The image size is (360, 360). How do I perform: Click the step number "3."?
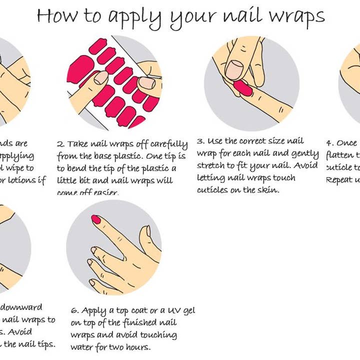tap(201, 141)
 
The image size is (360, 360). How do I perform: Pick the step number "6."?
tap(75, 310)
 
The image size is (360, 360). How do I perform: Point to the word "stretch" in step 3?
tap(212, 165)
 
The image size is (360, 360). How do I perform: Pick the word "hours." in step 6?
tap(137, 347)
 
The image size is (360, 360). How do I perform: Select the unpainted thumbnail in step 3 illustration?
tap(234, 69)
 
